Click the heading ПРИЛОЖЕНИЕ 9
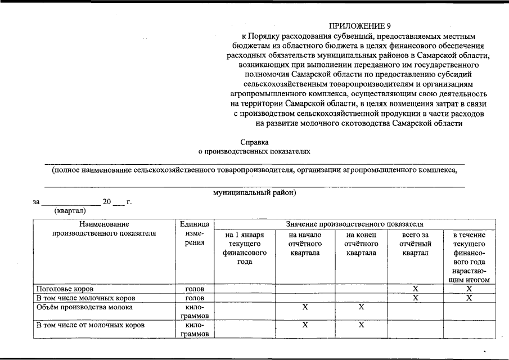coord(359,26)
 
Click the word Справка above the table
coord(254,142)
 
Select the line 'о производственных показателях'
coord(254,151)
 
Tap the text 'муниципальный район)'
coord(254,192)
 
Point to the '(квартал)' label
coord(70,211)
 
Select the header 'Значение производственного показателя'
coord(354,224)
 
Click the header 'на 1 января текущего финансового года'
coord(245,248)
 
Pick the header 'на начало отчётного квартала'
coord(305,244)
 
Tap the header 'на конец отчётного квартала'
coord(361,244)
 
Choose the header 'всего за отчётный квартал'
coord(415,244)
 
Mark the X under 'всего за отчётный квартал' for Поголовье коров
coord(415,289)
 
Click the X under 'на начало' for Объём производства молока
coord(305,307)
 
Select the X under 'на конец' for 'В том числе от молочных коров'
coord(361,325)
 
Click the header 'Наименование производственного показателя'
coord(104,229)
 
